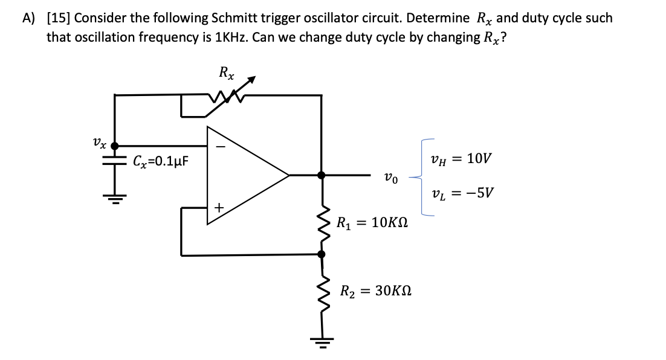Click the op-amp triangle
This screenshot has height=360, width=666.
click(242, 175)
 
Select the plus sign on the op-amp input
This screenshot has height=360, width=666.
click(219, 208)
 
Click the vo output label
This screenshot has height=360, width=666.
click(390, 178)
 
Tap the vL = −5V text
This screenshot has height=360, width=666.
click(464, 194)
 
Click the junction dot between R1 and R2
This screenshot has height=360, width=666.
click(322, 255)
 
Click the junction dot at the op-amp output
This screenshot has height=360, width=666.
click(322, 175)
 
